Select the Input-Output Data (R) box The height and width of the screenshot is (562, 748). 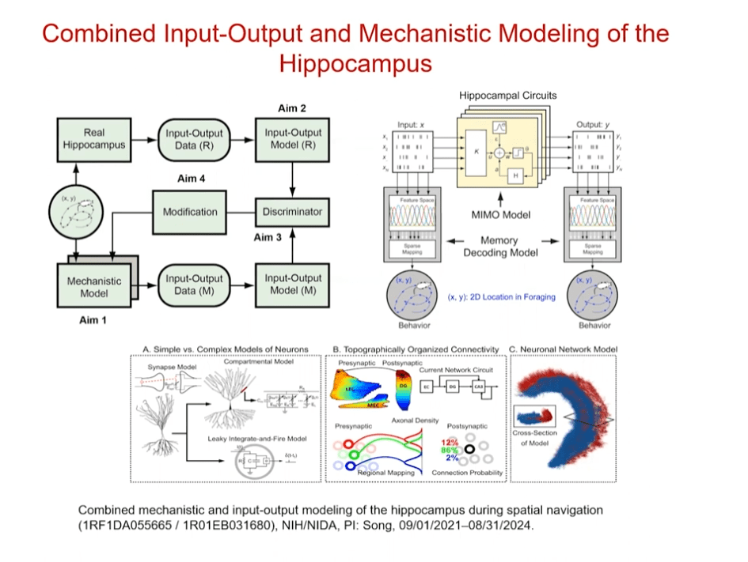(x=194, y=139)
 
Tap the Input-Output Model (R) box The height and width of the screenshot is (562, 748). (x=293, y=139)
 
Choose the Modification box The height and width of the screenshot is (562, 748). (x=190, y=212)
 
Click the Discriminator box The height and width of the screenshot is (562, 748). (x=293, y=212)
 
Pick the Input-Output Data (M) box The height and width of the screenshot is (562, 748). (x=194, y=285)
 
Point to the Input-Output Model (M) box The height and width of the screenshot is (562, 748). (x=293, y=285)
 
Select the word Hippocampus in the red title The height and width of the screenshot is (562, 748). (x=355, y=63)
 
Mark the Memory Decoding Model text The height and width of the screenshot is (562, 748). (x=499, y=247)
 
